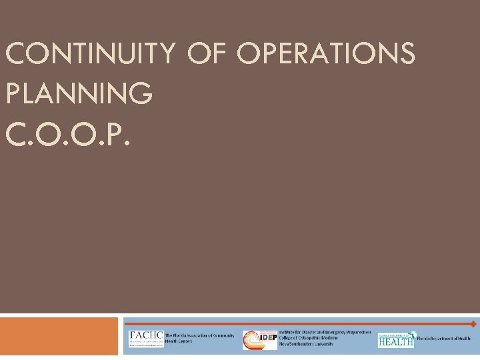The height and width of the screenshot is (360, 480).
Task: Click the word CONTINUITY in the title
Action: point(88,54)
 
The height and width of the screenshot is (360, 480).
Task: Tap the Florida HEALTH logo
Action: point(396,339)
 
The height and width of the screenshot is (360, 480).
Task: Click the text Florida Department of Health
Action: point(444,339)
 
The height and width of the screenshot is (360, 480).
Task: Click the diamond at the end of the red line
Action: point(473,324)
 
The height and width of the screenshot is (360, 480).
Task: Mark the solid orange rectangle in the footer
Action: point(59,336)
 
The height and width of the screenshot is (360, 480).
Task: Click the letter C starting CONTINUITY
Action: point(15,54)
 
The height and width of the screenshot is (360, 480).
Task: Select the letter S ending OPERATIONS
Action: point(406,54)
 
